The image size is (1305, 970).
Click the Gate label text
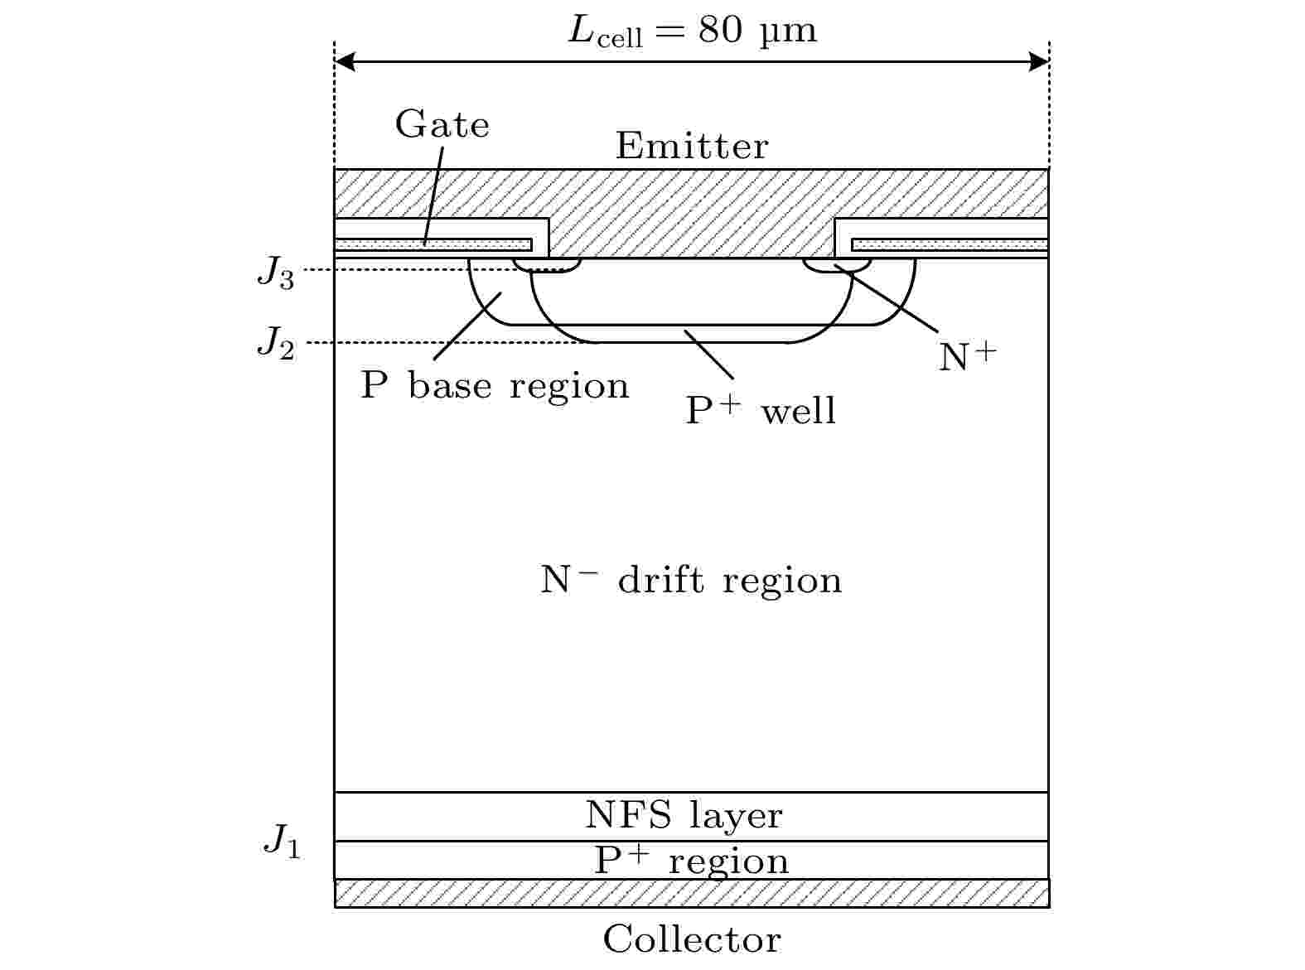point(442,125)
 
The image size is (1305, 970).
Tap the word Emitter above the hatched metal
point(692,147)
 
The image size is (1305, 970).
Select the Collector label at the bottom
point(692,940)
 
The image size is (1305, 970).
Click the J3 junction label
point(276,273)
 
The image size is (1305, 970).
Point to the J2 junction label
point(276,342)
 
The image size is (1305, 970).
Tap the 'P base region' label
point(495,386)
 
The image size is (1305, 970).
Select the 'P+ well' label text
point(761,410)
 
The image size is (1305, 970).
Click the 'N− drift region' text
point(691,580)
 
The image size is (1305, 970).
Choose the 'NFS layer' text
point(684,816)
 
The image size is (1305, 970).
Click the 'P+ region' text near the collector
point(692,861)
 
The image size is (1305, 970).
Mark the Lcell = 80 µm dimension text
point(693,31)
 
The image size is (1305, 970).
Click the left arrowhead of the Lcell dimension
point(345,62)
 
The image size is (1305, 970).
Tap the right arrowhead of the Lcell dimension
point(1039,62)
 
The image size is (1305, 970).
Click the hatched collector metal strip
point(692,894)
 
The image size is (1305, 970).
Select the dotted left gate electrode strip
point(433,244)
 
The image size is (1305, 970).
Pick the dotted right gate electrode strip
point(950,244)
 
